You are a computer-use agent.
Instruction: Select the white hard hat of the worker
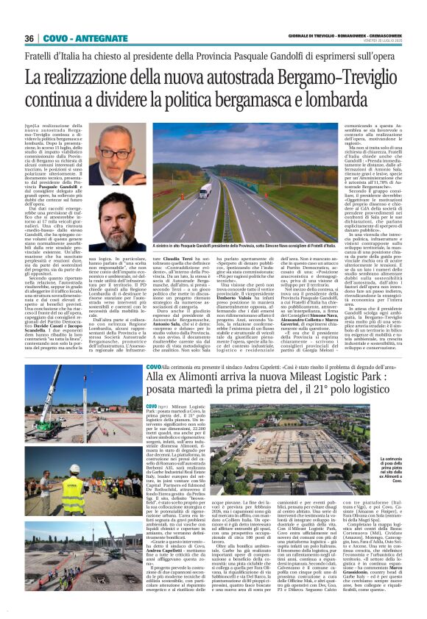pyautogui.click(x=74, y=468)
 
